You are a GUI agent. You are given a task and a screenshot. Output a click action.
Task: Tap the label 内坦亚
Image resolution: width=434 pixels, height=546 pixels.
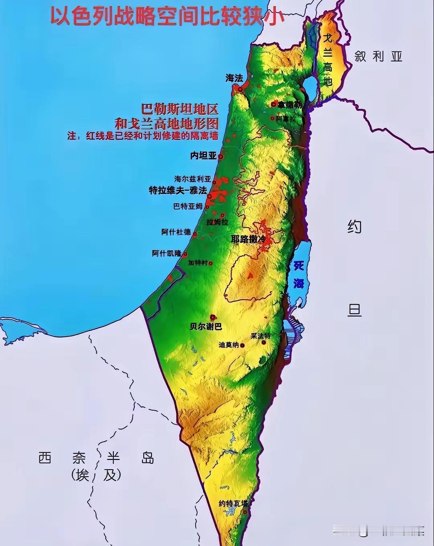pos(203,155)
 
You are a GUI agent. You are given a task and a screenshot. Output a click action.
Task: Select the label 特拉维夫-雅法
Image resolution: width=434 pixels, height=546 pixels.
pos(178,190)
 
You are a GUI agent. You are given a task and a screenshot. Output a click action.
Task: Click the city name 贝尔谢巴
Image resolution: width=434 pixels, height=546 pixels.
pos(206,326)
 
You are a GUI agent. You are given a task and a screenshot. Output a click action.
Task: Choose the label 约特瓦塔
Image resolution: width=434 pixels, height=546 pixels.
pos(233,503)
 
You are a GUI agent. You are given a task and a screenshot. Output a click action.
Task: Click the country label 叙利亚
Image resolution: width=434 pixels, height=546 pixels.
pos(378,56)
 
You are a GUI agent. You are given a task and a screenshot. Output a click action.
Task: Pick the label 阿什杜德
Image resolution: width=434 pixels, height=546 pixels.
pos(176,232)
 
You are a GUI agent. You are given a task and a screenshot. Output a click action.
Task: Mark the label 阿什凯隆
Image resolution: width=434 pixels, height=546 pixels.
pos(166,254)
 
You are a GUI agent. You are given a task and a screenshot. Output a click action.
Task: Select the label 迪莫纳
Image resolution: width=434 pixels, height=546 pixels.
pos(229,345)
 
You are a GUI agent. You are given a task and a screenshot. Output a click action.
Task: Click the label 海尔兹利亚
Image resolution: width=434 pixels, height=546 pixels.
pos(192,179)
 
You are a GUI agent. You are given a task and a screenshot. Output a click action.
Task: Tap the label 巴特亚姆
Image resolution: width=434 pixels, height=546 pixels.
pos(188,207)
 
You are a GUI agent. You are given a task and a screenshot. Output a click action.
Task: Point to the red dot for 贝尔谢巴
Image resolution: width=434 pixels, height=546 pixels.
pos(212,317)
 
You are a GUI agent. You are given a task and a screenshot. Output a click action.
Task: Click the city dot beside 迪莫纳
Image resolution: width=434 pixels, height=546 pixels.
pos(242,345)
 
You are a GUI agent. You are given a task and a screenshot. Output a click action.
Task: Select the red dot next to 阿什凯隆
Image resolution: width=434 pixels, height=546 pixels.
pos(185,254)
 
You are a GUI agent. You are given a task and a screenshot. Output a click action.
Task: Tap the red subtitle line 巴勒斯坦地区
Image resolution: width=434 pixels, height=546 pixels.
pos(180,109)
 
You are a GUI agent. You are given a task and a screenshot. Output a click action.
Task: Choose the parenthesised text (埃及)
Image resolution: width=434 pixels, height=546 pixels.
pos(96,475)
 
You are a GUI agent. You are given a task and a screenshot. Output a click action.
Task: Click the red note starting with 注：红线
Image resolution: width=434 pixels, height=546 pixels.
pos(143,136)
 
